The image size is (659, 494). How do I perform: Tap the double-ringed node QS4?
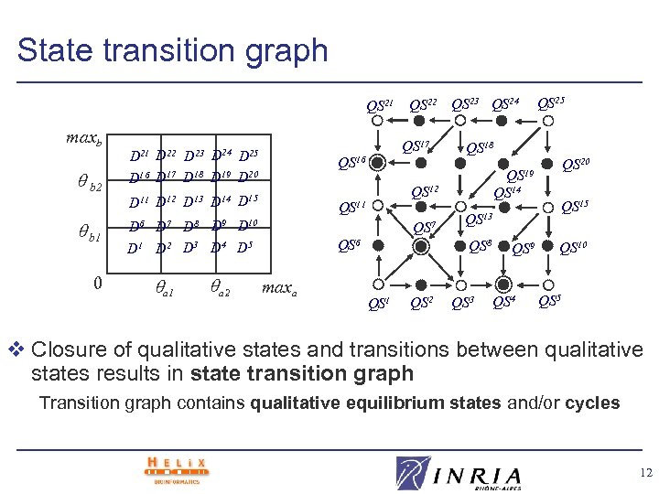pos(502,285)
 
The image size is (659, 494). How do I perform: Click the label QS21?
pos(381,107)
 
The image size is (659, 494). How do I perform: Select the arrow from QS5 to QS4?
pos(527,285)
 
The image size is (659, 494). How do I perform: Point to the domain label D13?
pos(192,200)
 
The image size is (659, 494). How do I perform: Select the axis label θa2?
pos(220,290)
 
